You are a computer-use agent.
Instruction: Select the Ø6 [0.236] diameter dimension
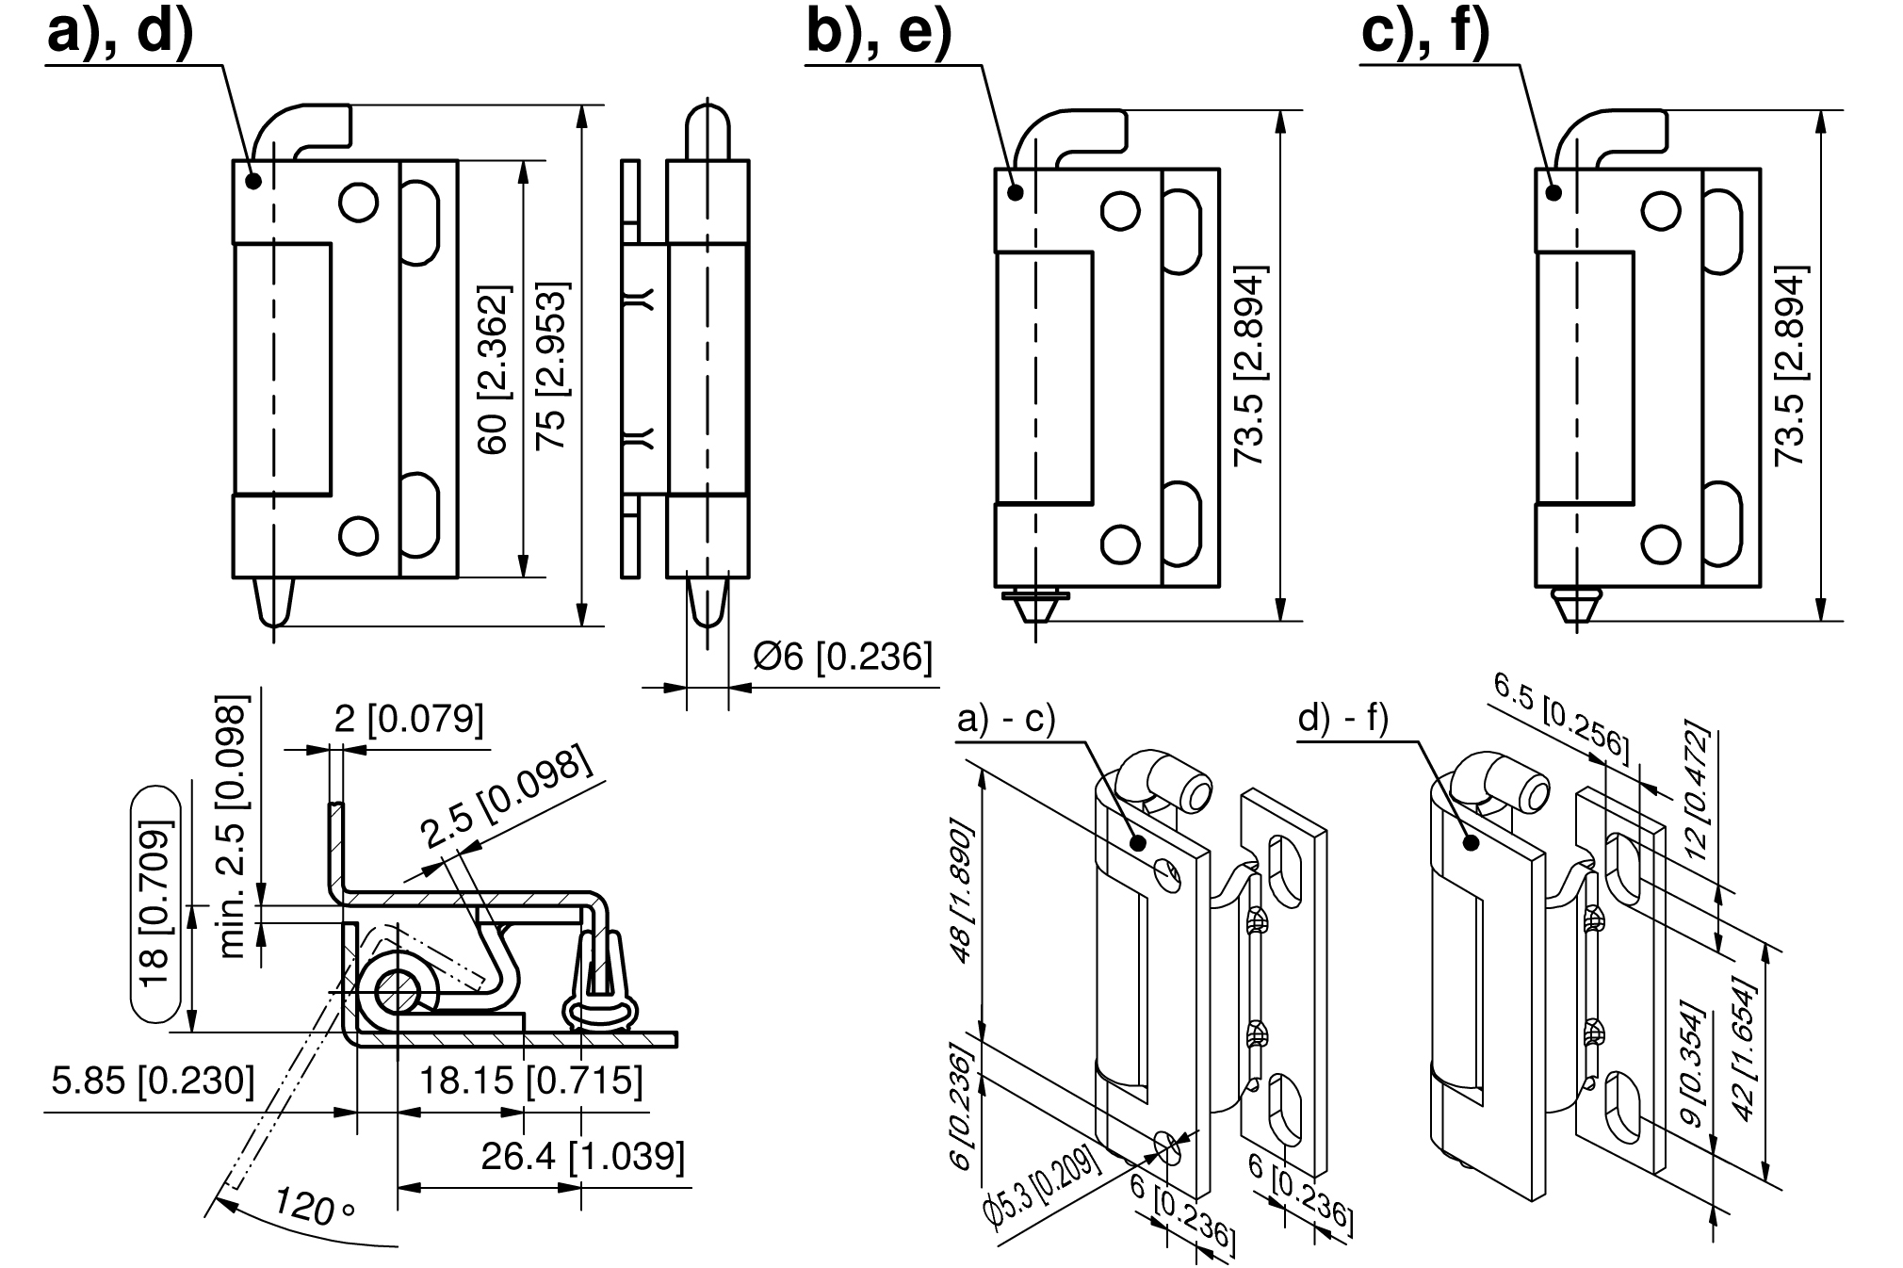click(x=842, y=657)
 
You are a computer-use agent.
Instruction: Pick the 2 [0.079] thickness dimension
click(x=409, y=720)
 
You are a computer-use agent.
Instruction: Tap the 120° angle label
click(x=314, y=1206)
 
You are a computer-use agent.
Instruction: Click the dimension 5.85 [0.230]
click(x=153, y=1081)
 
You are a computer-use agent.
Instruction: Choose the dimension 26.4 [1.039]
click(x=582, y=1156)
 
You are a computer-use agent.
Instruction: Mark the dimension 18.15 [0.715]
click(x=530, y=1081)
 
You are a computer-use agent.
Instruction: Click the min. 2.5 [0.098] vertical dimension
click(x=234, y=826)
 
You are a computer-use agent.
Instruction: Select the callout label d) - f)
click(x=1342, y=720)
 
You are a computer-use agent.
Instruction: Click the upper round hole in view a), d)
click(x=358, y=202)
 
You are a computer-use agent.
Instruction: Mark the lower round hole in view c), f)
click(x=1660, y=544)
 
